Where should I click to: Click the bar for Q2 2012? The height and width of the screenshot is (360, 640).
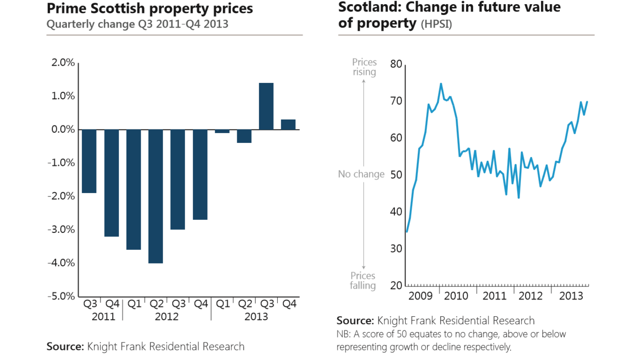coord(156,196)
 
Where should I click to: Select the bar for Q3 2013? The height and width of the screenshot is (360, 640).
coord(266,106)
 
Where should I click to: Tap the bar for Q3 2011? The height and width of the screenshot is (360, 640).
coord(89,161)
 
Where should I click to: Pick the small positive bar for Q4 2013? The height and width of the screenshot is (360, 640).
coord(288,125)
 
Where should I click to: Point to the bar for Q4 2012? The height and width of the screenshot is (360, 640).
coord(200,174)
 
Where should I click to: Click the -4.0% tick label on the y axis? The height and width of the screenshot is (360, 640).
coord(61,263)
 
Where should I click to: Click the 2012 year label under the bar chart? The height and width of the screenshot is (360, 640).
coord(167,317)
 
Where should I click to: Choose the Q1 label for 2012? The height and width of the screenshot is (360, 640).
coord(134,304)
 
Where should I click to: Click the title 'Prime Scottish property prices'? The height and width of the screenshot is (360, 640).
coord(149,8)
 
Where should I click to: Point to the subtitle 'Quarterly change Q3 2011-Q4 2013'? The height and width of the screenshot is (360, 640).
coord(137,24)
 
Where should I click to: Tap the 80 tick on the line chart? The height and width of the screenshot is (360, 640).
coord(396,64)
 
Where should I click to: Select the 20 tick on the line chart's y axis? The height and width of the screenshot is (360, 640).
coord(396,285)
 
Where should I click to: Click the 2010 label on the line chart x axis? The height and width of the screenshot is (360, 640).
coord(456,296)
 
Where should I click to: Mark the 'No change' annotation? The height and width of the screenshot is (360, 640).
coord(361,174)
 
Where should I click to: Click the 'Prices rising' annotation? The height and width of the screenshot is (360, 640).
coord(364,67)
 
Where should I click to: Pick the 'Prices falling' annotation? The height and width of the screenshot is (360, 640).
coord(363,281)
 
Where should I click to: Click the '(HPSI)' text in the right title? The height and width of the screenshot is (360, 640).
coord(436,25)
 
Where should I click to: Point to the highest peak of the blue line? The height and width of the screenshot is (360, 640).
coord(441,84)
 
